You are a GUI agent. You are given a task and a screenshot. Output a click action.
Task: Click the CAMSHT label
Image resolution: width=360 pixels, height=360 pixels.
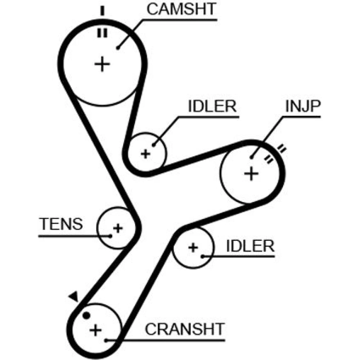click(181, 10)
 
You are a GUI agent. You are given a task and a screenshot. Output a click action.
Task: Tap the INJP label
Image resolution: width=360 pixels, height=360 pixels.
click(303, 107)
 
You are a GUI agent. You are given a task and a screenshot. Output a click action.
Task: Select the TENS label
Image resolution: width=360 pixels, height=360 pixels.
click(61, 224)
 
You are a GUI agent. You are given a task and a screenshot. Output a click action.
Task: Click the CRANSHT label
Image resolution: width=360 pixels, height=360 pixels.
click(185, 329)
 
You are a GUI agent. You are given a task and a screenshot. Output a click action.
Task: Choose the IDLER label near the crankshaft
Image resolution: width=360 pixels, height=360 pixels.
click(250, 247)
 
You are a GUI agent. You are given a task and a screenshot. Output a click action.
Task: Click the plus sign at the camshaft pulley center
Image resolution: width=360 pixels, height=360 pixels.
click(102, 64)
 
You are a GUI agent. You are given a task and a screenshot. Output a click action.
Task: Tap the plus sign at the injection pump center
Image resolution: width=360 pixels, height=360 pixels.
click(251, 174)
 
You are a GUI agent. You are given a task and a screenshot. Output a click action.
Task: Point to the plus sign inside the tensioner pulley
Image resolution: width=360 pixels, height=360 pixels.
click(118, 228)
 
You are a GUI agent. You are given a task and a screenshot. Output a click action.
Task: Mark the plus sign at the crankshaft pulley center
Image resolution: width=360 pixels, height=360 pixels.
click(95, 330)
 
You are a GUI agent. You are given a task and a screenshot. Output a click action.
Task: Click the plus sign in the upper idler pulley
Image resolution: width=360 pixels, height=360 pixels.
click(145, 154)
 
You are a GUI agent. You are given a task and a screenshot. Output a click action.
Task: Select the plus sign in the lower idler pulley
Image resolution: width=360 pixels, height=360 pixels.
click(193, 247)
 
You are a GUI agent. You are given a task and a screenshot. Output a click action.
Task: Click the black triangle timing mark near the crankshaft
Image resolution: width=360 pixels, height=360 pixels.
click(74, 296)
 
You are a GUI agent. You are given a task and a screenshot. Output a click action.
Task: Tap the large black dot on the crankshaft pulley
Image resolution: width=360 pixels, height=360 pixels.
click(86, 315)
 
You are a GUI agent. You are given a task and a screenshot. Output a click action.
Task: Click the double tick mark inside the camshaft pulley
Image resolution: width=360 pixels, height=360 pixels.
click(102, 33)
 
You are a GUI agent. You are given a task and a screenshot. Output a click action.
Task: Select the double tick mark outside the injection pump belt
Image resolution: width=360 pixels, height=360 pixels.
click(281, 148)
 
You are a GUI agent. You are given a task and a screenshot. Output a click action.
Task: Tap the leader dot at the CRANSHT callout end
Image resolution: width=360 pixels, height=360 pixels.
click(106, 339)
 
